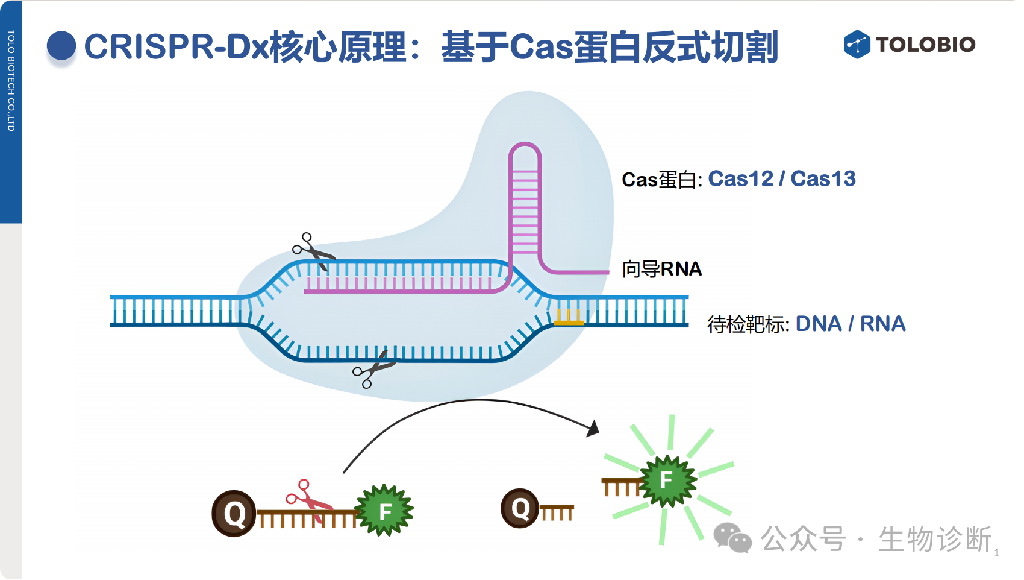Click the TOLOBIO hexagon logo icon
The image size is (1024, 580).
pos(857,44)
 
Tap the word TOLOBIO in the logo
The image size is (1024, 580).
pos(926,45)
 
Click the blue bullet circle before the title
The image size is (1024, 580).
pos(61,46)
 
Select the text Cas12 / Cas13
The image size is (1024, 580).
pos(781,179)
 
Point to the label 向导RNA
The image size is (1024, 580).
pos(661,269)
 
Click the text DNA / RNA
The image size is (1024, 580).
pos(850,324)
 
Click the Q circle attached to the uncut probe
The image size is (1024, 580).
pos(234,513)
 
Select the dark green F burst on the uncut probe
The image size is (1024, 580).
pos(385,511)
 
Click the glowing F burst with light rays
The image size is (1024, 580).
pos(667,481)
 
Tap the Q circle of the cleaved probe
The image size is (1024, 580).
pos(520,508)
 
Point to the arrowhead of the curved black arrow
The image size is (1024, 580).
pos(593,428)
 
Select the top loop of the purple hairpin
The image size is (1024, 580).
pos(525,151)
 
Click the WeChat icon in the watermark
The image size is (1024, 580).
pos(732,538)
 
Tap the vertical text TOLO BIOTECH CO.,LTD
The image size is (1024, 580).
pos(11,81)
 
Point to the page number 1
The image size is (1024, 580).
pos(997,553)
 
